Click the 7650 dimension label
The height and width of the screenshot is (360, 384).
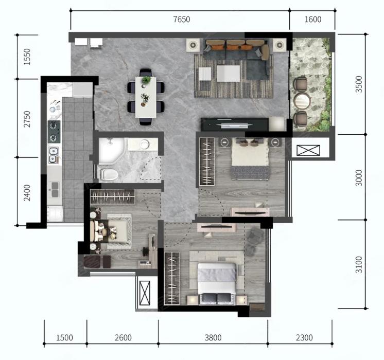182,20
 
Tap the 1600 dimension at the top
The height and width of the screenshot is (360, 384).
313,20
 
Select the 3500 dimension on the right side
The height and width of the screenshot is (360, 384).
359,84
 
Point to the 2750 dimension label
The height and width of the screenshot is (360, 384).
27,119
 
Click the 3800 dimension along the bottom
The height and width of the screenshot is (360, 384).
213,338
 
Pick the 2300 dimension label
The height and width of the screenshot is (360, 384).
304,338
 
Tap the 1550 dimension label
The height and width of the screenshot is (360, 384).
27,57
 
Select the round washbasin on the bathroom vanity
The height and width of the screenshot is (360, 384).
145,144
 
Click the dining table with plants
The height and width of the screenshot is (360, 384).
146,97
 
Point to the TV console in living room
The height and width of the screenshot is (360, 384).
235,124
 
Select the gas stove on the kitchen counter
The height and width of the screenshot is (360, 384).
54,132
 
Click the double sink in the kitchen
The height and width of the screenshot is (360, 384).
53,155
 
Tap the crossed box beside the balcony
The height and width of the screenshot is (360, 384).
308,150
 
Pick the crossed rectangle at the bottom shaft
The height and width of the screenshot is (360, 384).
145,293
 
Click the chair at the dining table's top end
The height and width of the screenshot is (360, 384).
146,73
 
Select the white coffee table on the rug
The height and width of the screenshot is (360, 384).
228,74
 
